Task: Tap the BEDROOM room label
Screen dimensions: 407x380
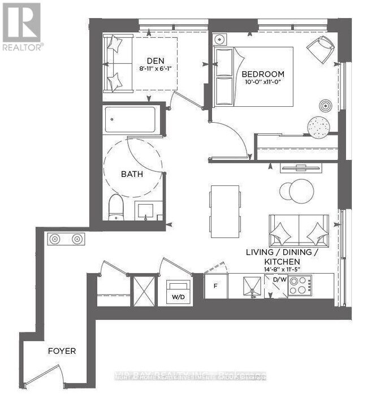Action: click(x=262, y=74)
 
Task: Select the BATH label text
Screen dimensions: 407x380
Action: click(x=132, y=174)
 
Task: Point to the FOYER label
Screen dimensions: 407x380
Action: click(x=62, y=351)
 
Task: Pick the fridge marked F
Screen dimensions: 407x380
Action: click(x=215, y=286)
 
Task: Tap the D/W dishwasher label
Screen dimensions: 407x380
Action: click(x=279, y=279)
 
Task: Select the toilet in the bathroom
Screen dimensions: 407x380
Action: click(x=115, y=207)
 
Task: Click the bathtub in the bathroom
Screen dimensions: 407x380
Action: click(x=132, y=120)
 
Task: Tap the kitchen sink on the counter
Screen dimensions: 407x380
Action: click(x=249, y=286)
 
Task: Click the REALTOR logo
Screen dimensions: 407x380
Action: click(x=21, y=26)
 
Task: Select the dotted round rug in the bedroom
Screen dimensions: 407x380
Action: click(x=319, y=127)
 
